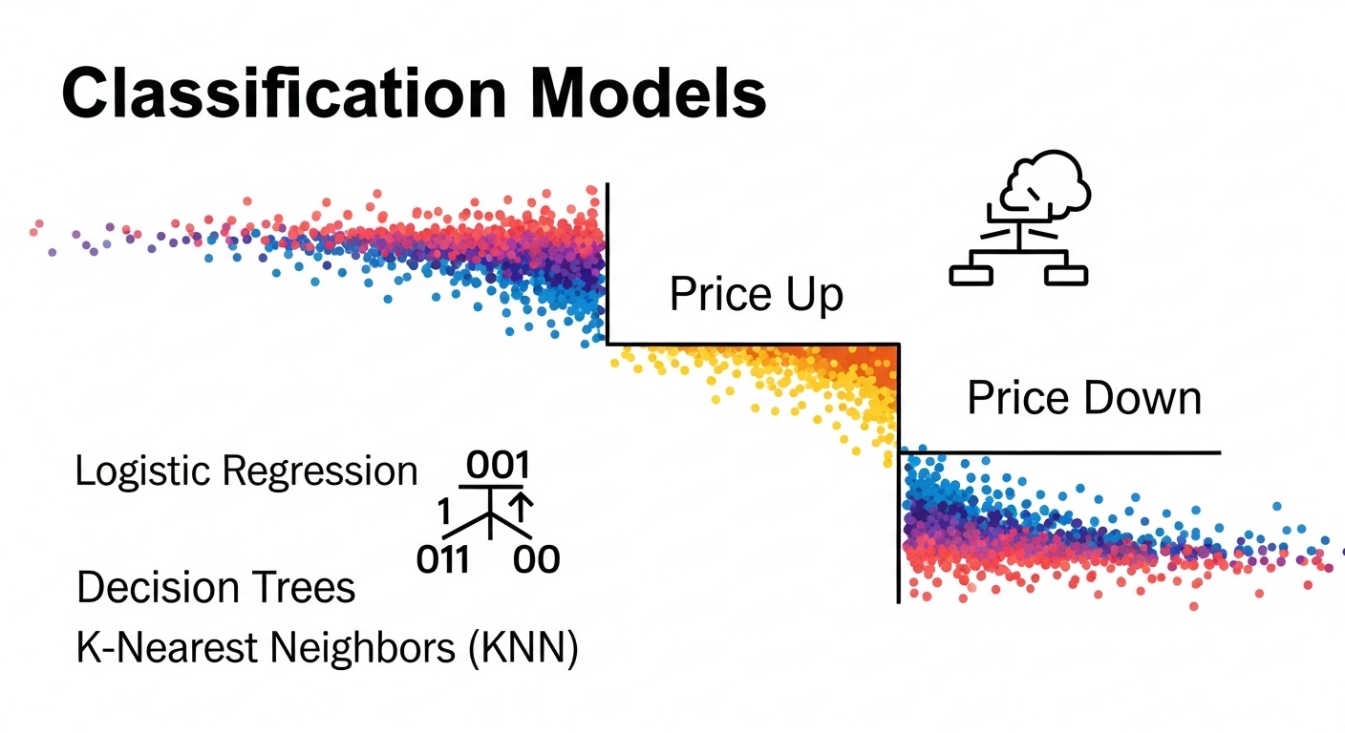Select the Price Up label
point(757,295)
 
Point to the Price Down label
point(1084,397)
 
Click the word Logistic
point(144,471)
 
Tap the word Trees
point(307,587)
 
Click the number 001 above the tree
point(498,467)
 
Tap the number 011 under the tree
point(444,559)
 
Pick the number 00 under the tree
point(536,559)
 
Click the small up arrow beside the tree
point(522,507)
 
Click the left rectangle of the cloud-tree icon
point(972,275)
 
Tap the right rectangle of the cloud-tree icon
point(1065,275)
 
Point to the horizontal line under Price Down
point(1060,451)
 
